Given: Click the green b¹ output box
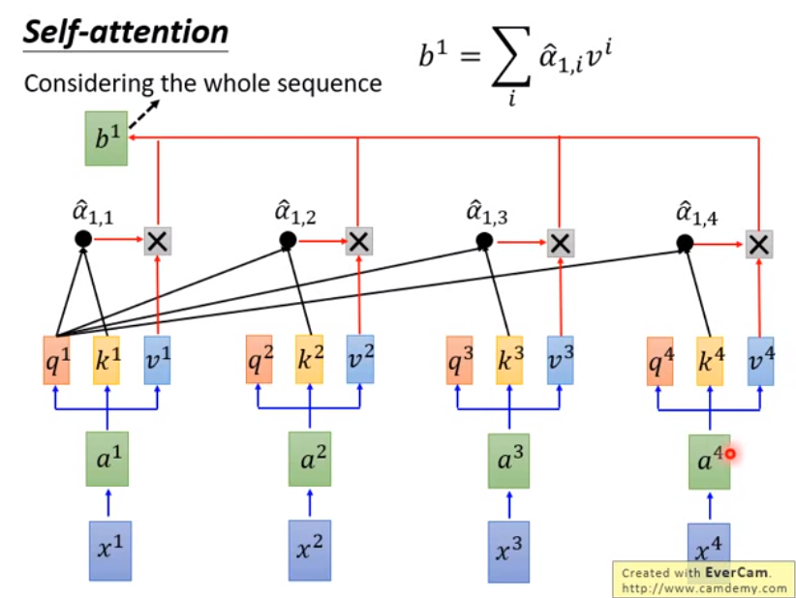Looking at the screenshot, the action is [x=107, y=138].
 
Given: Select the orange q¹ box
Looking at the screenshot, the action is [x=56, y=360].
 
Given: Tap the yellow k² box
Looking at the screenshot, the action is [x=309, y=359].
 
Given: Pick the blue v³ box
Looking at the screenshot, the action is [x=561, y=360].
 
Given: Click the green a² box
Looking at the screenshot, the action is [x=310, y=459].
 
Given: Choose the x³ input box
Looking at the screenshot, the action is [x=508, y=552].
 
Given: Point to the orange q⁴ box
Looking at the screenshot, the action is [x=660, y=361].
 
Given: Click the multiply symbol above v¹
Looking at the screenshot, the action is [x=158, y=241].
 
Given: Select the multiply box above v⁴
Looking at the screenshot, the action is [x=759, y=245].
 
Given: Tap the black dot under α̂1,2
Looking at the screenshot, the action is [x=288, y=240].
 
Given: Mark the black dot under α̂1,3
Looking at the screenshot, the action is [x=484, y=242].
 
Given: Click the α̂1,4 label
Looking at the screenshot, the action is [x=696, y=213].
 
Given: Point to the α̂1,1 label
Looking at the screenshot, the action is [x=93, y=212].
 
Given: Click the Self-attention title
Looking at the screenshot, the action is [x=125, y=32].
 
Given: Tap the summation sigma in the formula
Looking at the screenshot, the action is [x=511, y=57].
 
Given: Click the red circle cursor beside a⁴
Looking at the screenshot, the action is [x=730, y=454].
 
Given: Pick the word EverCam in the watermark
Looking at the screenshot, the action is [x=736, y=573].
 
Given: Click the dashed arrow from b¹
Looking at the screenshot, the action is [x=144, y=114].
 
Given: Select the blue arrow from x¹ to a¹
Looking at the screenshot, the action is [x=107, y=504].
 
